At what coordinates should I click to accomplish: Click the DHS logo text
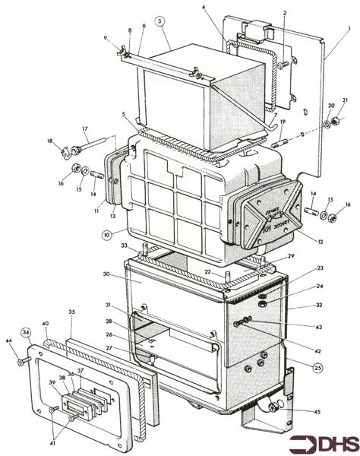point(325,440)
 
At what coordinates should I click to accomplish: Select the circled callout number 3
point(160,22)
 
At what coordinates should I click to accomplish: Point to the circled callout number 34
point(26,331)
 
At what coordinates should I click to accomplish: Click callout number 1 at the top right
point(349,29)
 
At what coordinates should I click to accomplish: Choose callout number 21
point(344,100)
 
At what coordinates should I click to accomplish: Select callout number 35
point(71,312)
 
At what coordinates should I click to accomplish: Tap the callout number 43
point(319,328)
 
